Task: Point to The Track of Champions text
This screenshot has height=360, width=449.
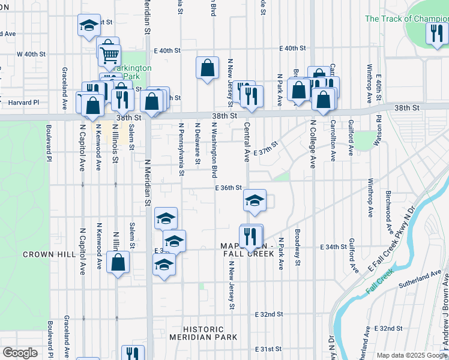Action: pyautogui.click(x=406, y=19)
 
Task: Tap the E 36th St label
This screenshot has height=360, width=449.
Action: pyautogui.click(x=229, y=188)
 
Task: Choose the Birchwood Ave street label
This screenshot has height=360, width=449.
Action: pyautogui.click(x=388, y=213)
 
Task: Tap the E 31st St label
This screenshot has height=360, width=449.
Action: pyautogui.click(x=268, y=349)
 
